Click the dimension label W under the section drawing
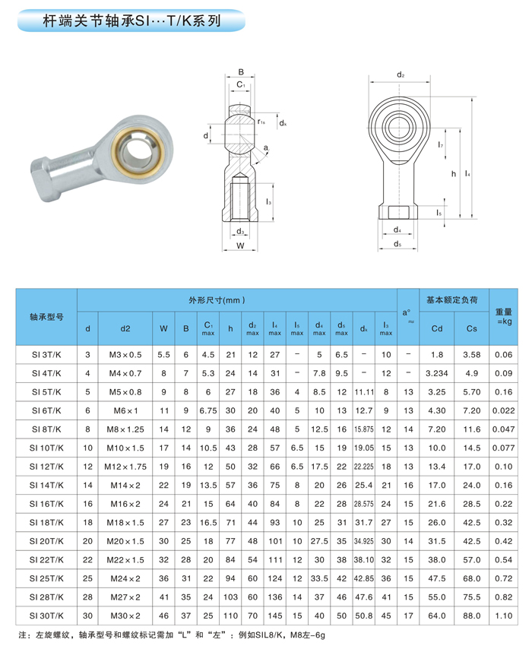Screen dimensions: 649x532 239,246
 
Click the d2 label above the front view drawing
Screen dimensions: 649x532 401,75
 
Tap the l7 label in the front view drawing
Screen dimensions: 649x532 441,144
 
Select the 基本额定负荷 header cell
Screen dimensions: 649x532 451,300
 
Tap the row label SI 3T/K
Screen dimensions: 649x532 46,355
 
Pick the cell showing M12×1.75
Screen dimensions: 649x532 125,467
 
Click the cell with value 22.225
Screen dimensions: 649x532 364,467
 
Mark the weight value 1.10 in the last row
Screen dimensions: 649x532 502,615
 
